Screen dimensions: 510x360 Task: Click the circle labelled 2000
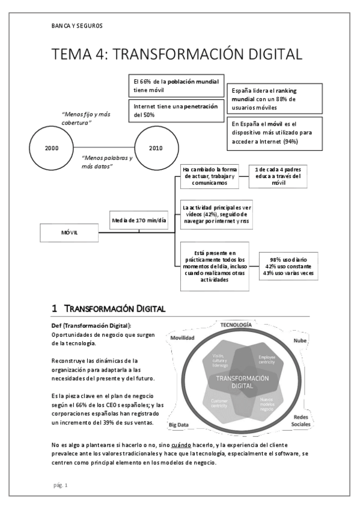pyautogui.click(x=51, y=147)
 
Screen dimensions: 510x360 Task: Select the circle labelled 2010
pyautogui.click(x=155, y=147)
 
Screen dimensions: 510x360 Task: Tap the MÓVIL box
pyautogui.click(x=73, y=232)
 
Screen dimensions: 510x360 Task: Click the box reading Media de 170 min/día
pyautogui.click(x=139, y=220)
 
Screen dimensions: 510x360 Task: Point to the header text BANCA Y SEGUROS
pyautogui.click(x=78, y=26)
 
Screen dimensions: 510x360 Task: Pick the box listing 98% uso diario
pyautogui.click(x=288, y=266)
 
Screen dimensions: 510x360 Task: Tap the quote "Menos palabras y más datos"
pyautogui.click(x=107, y=162)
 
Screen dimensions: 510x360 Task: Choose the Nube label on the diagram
pyautogui.click(x=300, y=341)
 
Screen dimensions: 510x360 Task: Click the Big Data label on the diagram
pyautogui.click(x=180, y=425)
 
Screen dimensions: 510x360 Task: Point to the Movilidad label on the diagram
pyautogui.click(x=182, y=338)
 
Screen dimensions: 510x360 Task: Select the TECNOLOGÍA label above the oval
pyautogui.click(x=236, y=325)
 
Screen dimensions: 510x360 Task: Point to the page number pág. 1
pyautogui.click(x=60, y=485)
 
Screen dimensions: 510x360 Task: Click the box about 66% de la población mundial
pyautogui.click(x=176, y=85)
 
